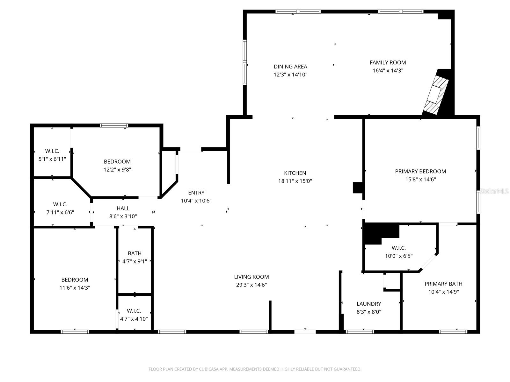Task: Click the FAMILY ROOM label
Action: (x=388, y=62)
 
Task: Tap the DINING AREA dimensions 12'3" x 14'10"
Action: (x=290, y=75)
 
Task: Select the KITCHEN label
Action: (x=295, y=173)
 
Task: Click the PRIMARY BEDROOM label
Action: (x=420, y=171)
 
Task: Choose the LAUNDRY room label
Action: (x=369, y=304)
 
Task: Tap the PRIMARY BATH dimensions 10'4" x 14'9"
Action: (x=444, y=292)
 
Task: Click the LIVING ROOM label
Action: (x=251, y=277)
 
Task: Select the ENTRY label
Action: (x=196, y=193)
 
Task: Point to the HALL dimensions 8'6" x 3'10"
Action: (x=123, y=216)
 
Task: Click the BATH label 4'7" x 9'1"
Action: (x=135, y=253)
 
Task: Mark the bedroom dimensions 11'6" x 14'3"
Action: (x=75, y=288)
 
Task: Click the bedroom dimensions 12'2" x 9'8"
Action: (x=117, y=170)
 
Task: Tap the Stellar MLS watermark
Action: (x=494, y=191)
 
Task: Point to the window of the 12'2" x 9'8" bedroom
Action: (x=114, y=125)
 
